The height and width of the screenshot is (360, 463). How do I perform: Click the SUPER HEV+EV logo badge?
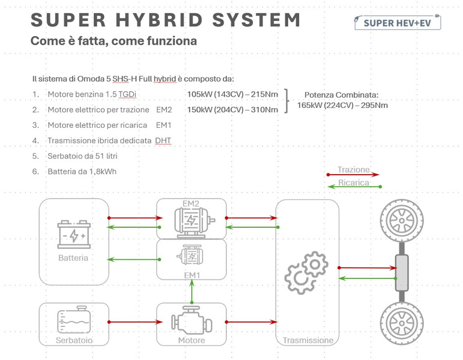398,22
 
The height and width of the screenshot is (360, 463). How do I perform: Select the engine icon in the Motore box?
192,321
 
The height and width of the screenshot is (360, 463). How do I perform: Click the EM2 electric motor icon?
192,221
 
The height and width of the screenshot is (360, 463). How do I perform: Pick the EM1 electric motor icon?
192,256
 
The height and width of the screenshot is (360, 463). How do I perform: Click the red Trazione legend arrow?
353,175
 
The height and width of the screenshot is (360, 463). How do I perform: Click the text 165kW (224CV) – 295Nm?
342,106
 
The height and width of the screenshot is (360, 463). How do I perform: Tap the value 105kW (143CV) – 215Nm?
232,94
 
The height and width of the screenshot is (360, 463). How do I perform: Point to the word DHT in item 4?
163,140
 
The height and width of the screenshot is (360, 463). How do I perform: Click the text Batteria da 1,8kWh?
82,172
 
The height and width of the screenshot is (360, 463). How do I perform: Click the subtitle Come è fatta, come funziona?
113,41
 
